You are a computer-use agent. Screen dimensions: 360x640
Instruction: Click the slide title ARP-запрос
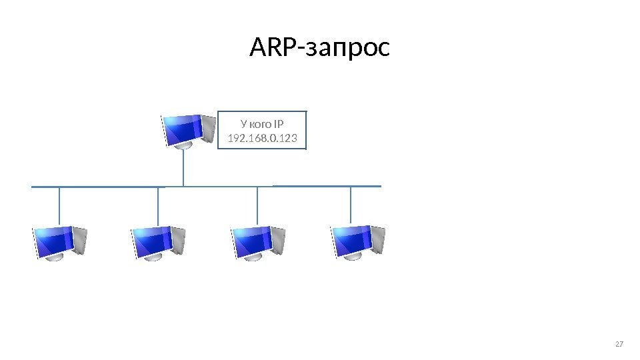[x=319, y=48]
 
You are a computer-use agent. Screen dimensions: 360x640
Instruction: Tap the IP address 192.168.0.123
[x=263, y=139]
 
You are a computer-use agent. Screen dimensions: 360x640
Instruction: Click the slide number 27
[x=619, y=344]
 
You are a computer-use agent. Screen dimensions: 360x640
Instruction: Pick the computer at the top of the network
[x=188, y=131]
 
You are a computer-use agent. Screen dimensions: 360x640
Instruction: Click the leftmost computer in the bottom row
[x=60, y=242]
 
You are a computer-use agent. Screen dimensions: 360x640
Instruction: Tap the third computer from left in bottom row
[x=258, y=242]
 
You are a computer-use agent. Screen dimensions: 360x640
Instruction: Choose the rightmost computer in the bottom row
[x=358, y=241]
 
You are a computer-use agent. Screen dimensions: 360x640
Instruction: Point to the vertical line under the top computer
[x=183, y=167]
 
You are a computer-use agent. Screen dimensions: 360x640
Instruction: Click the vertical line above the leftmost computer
[x=60, y=206]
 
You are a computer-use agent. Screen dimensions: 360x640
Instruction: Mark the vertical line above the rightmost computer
[x=351, y=204]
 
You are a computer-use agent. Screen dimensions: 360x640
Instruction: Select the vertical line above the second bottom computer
[x=159, y=206]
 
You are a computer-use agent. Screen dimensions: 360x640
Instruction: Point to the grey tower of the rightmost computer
[x=377, y=240]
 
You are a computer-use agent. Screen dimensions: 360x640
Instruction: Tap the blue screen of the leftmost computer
[x=54, y=240]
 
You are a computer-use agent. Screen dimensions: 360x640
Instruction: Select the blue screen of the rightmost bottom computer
[x=351, y=239]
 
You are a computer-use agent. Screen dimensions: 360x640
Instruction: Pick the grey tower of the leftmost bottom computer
[x=79, y=240]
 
